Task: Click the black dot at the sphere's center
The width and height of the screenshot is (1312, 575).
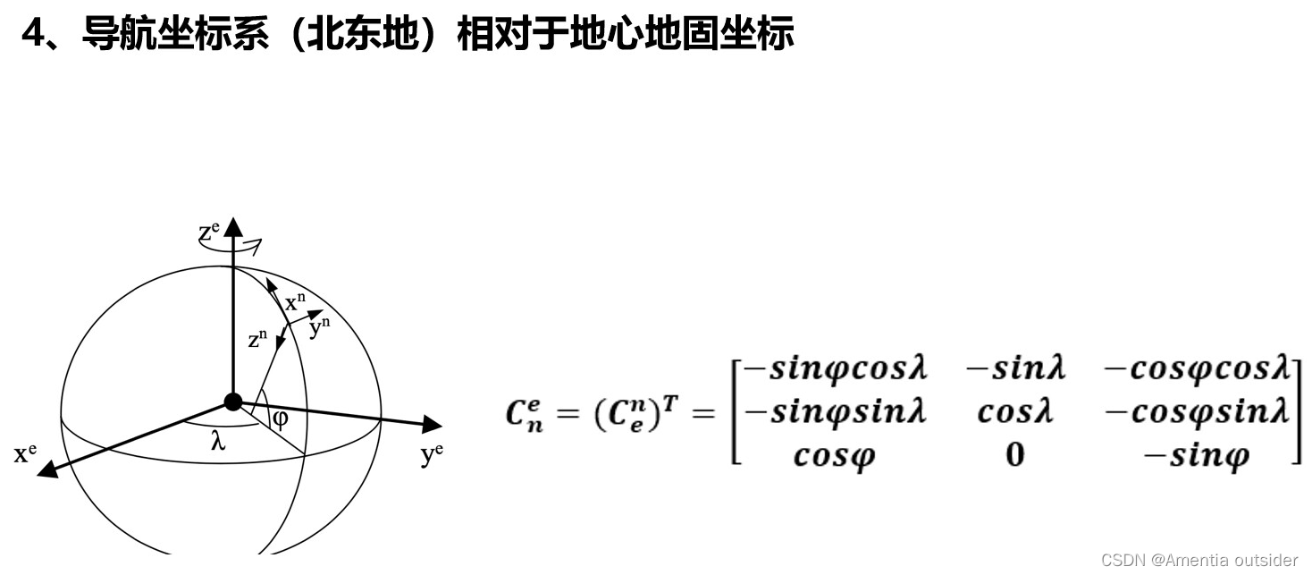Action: click(x=233, y=402)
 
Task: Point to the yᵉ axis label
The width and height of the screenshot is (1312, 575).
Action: click(x=432, y=455)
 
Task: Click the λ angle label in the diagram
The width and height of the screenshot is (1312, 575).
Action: click(x=217, y=442)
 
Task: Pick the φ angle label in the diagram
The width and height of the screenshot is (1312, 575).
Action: click(x=281, y=419)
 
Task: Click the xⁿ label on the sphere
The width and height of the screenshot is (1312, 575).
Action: click(x=296, y=302)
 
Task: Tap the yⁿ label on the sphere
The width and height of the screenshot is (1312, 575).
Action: click(x=319, y=327)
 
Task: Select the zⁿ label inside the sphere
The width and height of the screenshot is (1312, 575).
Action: click(x=258, y=340)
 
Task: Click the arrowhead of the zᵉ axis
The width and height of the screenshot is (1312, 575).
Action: click(x=233, y=224)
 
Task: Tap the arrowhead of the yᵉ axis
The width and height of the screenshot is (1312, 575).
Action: click(x=433, y=424)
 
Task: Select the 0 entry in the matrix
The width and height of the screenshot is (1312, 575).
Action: click(x=1014, y=455)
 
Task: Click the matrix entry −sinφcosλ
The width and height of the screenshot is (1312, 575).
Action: click(x=836, y=368)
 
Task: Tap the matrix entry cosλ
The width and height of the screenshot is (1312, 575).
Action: click(x=1015, y=411)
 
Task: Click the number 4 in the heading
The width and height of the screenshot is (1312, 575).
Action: click(x=33, y=35)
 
